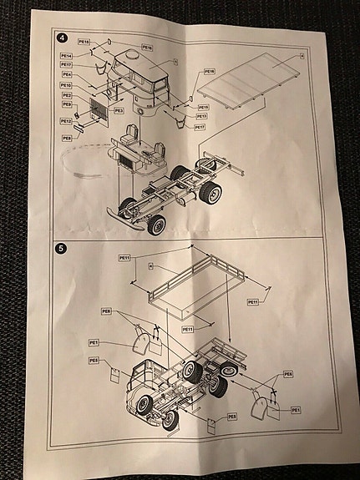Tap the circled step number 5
[x=61, y=249]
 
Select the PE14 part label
[x=67, y=55]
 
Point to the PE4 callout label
[x=66, y=74]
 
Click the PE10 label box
[x=66, y=85]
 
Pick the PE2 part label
[x=67, y=95]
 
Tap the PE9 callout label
[x=67, y=104]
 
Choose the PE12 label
[x=66, y=122]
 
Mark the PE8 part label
[x=67, y=138]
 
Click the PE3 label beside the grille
[x=119, y=110]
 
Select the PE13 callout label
[x=201, y=117]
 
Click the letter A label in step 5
[x=150, y=266]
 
